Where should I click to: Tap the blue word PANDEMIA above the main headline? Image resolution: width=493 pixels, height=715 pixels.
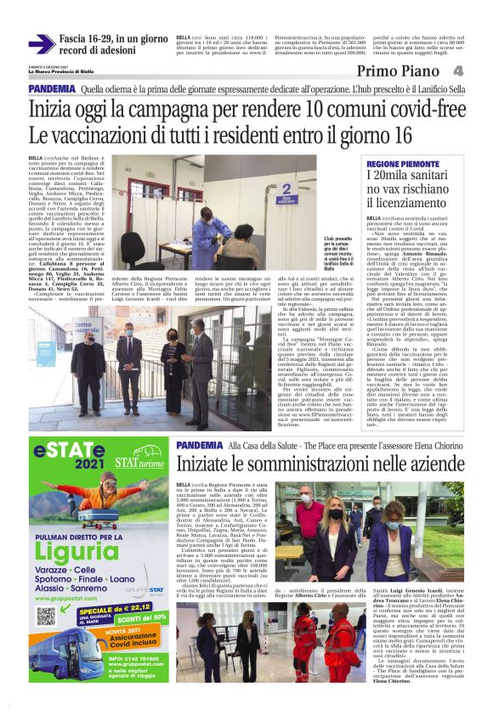click(x=50, y=89)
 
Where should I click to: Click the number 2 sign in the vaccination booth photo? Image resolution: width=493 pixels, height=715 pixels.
click(x=286, y=189)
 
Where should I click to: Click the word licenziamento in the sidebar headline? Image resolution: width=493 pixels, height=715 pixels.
click(x=407, y=204)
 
